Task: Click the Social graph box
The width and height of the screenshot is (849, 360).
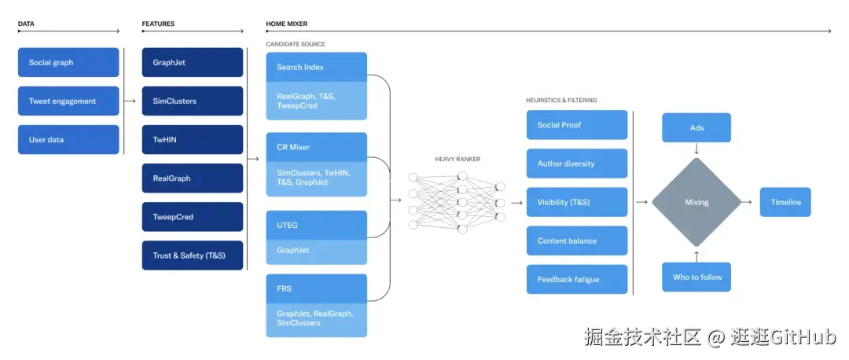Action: tap(68, 62)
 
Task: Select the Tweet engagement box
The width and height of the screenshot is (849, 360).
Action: tap(68, 101)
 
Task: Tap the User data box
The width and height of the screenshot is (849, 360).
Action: tap(68, 140)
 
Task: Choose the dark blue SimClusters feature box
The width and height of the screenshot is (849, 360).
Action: tap(193, 101)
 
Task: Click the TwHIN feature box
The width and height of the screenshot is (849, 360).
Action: tap(193, 140)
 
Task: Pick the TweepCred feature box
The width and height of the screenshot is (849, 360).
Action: tap(193, 216)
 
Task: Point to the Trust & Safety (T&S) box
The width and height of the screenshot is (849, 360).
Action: tap(193, 255)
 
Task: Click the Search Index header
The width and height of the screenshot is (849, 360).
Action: tap(316, 67)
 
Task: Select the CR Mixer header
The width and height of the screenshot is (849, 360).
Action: tap(316, 147)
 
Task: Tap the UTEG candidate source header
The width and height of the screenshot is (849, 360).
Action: tap(316, 226)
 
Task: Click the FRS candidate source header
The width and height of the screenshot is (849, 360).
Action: tap(316, 288)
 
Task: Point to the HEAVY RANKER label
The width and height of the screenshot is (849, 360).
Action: tap(458, 159)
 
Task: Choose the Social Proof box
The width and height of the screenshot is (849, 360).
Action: tap(577, 125)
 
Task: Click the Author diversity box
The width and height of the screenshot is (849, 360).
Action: tap(577, 163)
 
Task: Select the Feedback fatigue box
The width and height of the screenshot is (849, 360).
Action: tap(577, 279)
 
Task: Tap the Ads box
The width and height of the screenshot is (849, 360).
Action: tap(696, 128)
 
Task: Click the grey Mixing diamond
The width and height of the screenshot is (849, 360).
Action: tap(696, 202)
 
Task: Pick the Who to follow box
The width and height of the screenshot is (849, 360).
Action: tap(696, 277)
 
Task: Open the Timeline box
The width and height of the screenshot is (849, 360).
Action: tap(785, 202)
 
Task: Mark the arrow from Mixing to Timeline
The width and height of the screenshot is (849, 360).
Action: tap(747, 202)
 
